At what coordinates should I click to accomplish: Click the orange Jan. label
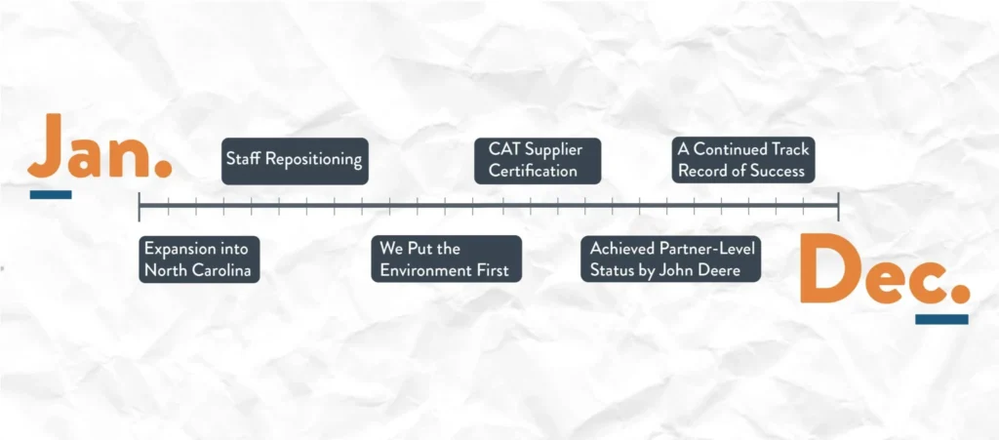[x=100, y=145]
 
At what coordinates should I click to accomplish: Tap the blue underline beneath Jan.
[x=51, y=195]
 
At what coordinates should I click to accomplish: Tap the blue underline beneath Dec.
[x=941, y=319]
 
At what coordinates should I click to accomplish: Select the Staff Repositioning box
[x=295, y=161]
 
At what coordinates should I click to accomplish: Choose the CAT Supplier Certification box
[x=538, y=161]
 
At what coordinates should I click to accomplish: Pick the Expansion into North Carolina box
[x=199, y=260]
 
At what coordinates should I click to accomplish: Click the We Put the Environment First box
[x=446, y=260]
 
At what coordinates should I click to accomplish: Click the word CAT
[x=502, y=149]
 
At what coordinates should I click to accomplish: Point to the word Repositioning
[x=313, y=160]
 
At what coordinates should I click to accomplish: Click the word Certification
[x=533, y=172]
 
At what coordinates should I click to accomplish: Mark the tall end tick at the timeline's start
[x=139, y=206]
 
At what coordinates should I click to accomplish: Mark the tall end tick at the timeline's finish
[x=838, y=206]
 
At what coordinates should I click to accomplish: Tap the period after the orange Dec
[x=960, y=294]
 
